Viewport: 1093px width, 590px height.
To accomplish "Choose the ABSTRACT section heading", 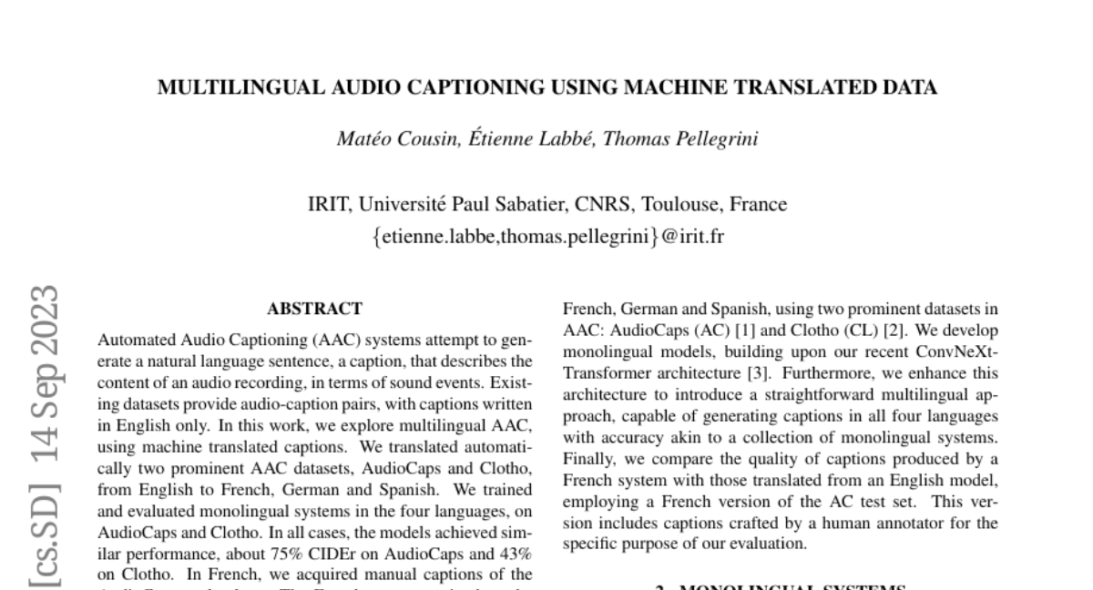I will click(x=314, y=309).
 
